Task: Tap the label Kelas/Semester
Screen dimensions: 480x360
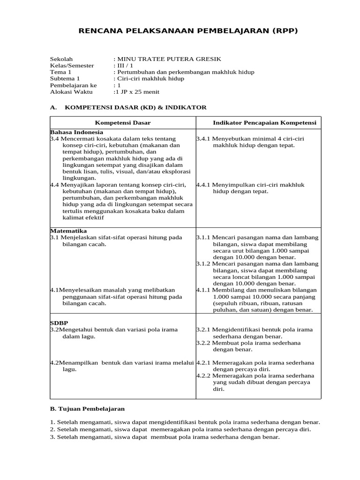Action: point(72,66)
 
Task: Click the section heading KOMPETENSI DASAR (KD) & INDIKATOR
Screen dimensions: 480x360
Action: point(135,107)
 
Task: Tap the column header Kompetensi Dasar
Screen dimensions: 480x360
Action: point(123,123)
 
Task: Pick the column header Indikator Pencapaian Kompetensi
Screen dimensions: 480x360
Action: point(265,123)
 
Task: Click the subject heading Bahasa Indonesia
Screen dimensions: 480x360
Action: point(76,133)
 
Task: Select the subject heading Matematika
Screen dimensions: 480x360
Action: point(68,231)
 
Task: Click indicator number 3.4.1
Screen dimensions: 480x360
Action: point(204,139)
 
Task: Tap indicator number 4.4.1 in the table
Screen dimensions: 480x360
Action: point(204,185)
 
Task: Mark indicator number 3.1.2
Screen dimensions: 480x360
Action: point(204,264)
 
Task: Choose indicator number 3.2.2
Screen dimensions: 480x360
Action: point(204,343)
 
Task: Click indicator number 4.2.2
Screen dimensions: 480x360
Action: point(204,376)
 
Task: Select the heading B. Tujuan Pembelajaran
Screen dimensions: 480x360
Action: point(87,409)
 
